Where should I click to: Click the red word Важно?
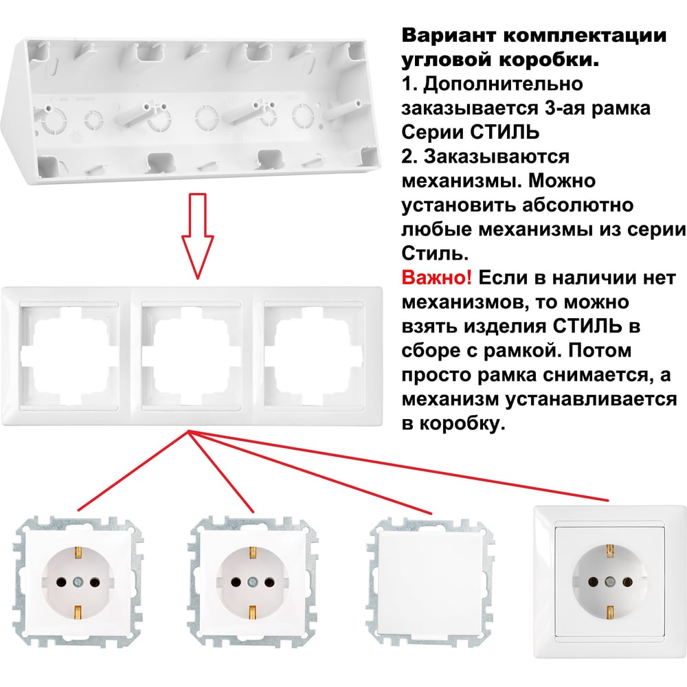[x=436, y=278]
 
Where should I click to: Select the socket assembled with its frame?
[x=609, y=581]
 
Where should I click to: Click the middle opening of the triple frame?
[x=191, y=355]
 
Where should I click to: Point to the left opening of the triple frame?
[x=69, y=355]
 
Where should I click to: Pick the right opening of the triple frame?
[x=313, y=355]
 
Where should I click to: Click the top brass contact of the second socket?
[x=252, y=553]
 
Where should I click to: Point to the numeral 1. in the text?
[x=409, y=84]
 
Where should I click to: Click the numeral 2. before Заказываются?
[x=409, y=157]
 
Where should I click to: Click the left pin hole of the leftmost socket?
[x=62, y=583]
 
